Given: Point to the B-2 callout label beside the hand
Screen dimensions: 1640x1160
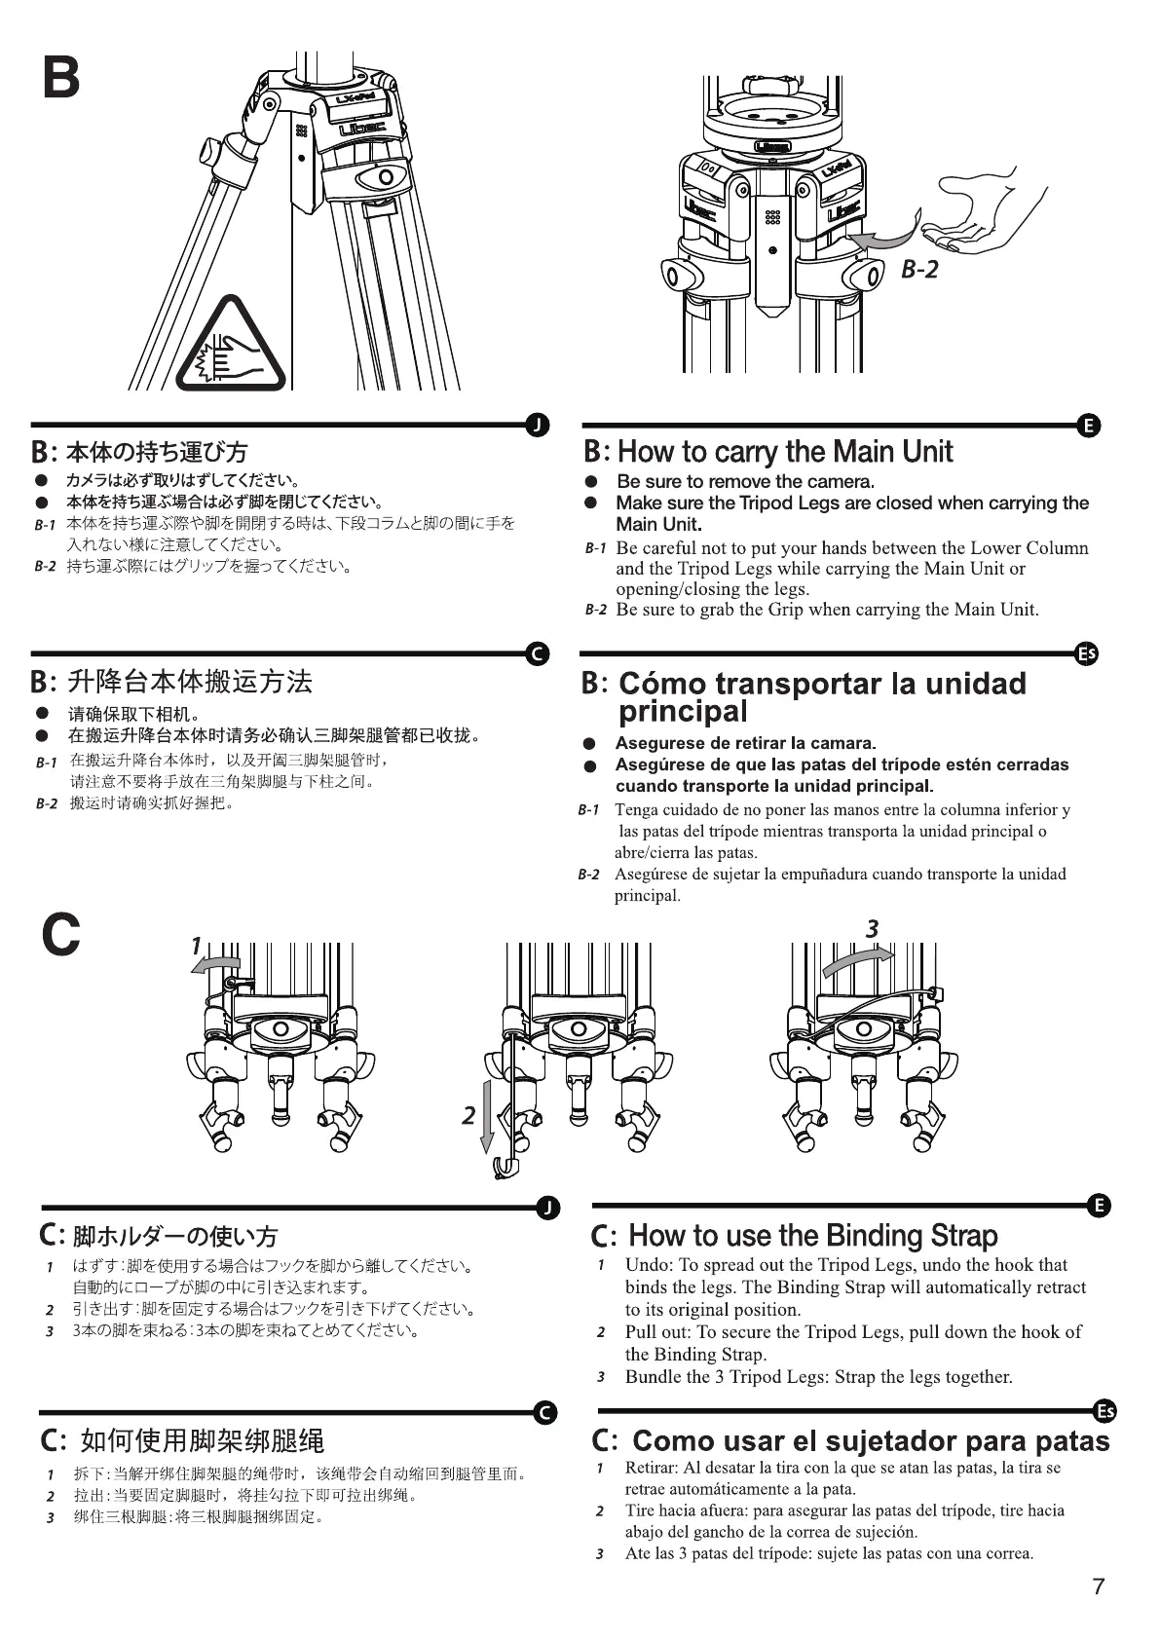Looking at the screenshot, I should (x=918, y=270).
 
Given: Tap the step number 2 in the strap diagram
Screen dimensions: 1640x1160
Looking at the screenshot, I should (x=468, y=1115).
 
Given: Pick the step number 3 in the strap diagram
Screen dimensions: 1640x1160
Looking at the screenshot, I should (x=872, y=929).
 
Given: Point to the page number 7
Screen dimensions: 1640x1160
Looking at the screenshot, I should (x=1099, y=1586).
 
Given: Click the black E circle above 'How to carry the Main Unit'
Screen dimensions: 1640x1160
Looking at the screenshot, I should (x=1089, y=426).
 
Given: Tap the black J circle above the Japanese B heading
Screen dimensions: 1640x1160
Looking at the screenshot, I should (x=537, y=426).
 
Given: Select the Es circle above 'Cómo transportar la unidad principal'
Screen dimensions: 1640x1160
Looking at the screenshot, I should (x=1086, y=653).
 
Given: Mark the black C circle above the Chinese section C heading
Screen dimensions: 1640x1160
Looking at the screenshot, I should (x=546, y=1413).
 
